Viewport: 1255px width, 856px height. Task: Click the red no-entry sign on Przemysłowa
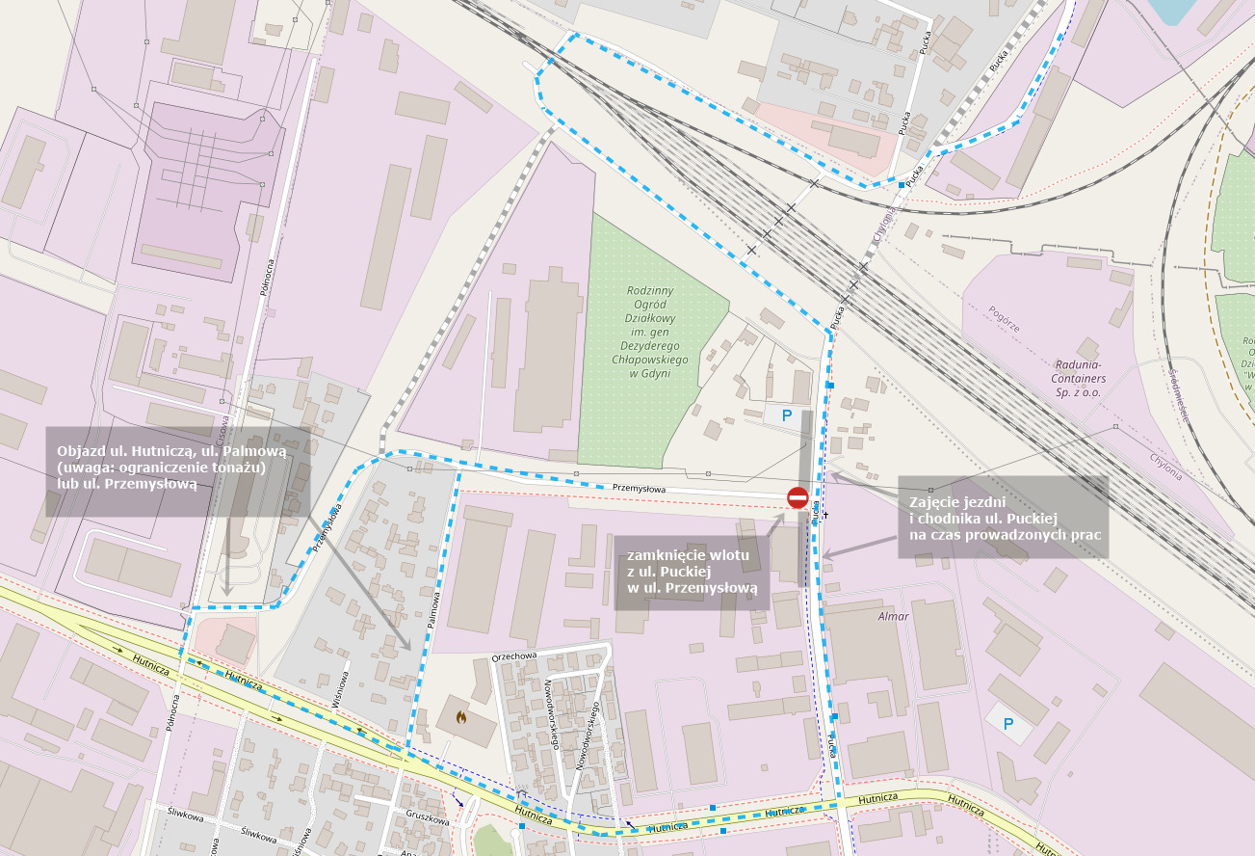pyautogui.click(x=797, y=497)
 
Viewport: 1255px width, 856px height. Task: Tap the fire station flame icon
pyautogui.click(x=461, y=717)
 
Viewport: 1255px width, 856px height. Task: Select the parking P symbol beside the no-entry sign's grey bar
pyautogui.click(x=786, y=416)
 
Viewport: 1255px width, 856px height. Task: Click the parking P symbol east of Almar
pyautogui.click(x=1008, y=723)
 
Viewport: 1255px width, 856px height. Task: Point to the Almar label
pyautogui.click(x=893, y=616)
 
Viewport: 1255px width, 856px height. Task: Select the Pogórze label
pyautogui.click(x=1004, y=319)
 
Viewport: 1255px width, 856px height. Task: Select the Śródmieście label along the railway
pyautogui.click(x=1182, y=395)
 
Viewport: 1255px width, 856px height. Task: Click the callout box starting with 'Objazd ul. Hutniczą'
pyautogui.click(x=178, y=469)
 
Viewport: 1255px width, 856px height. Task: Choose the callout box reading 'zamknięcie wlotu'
pyautogui.click(x=692, y=573)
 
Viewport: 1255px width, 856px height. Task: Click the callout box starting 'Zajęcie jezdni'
pyautogui.click(x=1003, y=518)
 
